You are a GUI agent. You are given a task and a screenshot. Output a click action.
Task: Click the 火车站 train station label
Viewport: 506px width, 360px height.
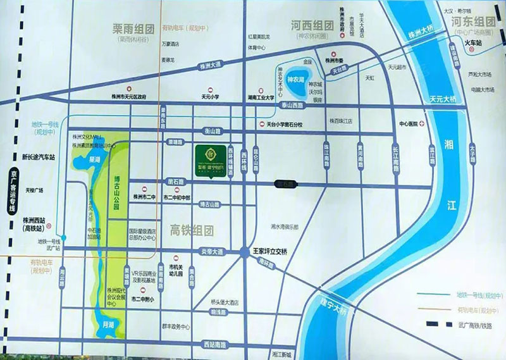474,43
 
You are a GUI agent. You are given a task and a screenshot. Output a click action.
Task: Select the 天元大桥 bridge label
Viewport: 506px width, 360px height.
443,100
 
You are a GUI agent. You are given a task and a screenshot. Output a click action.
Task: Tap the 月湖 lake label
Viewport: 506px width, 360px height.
108,323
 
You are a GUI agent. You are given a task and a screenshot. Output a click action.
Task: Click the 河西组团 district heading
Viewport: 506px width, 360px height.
312,27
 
